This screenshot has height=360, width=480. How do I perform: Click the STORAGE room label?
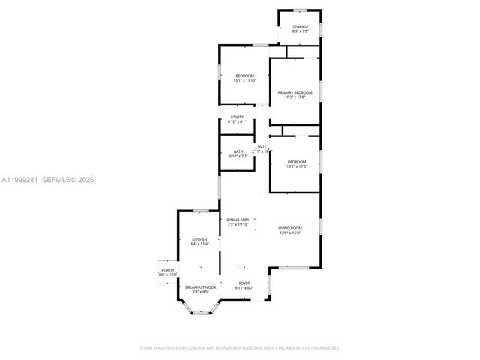tap(300, 26)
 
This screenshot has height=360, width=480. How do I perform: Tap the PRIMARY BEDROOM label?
tap(295, 92)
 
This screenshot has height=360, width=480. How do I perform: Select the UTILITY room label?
tap(237, 117)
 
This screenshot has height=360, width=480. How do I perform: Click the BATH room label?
tap(238, 151)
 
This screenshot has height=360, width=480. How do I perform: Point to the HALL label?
tap(262, 147)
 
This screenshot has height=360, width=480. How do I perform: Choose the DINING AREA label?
tap(238, 219)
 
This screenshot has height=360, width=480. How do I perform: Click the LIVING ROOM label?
tap(290, 228)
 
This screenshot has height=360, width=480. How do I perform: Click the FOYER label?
tap(244, 283)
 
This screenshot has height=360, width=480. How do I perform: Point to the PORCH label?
tap(167, 270)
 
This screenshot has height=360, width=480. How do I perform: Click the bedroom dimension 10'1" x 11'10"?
tap(245, 81)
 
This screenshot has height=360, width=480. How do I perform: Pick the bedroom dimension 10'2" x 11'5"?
tap(297, 166)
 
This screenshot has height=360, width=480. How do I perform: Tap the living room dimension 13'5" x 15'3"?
tap(290, 232)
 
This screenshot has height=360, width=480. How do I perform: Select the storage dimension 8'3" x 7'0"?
tap(300, 31)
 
